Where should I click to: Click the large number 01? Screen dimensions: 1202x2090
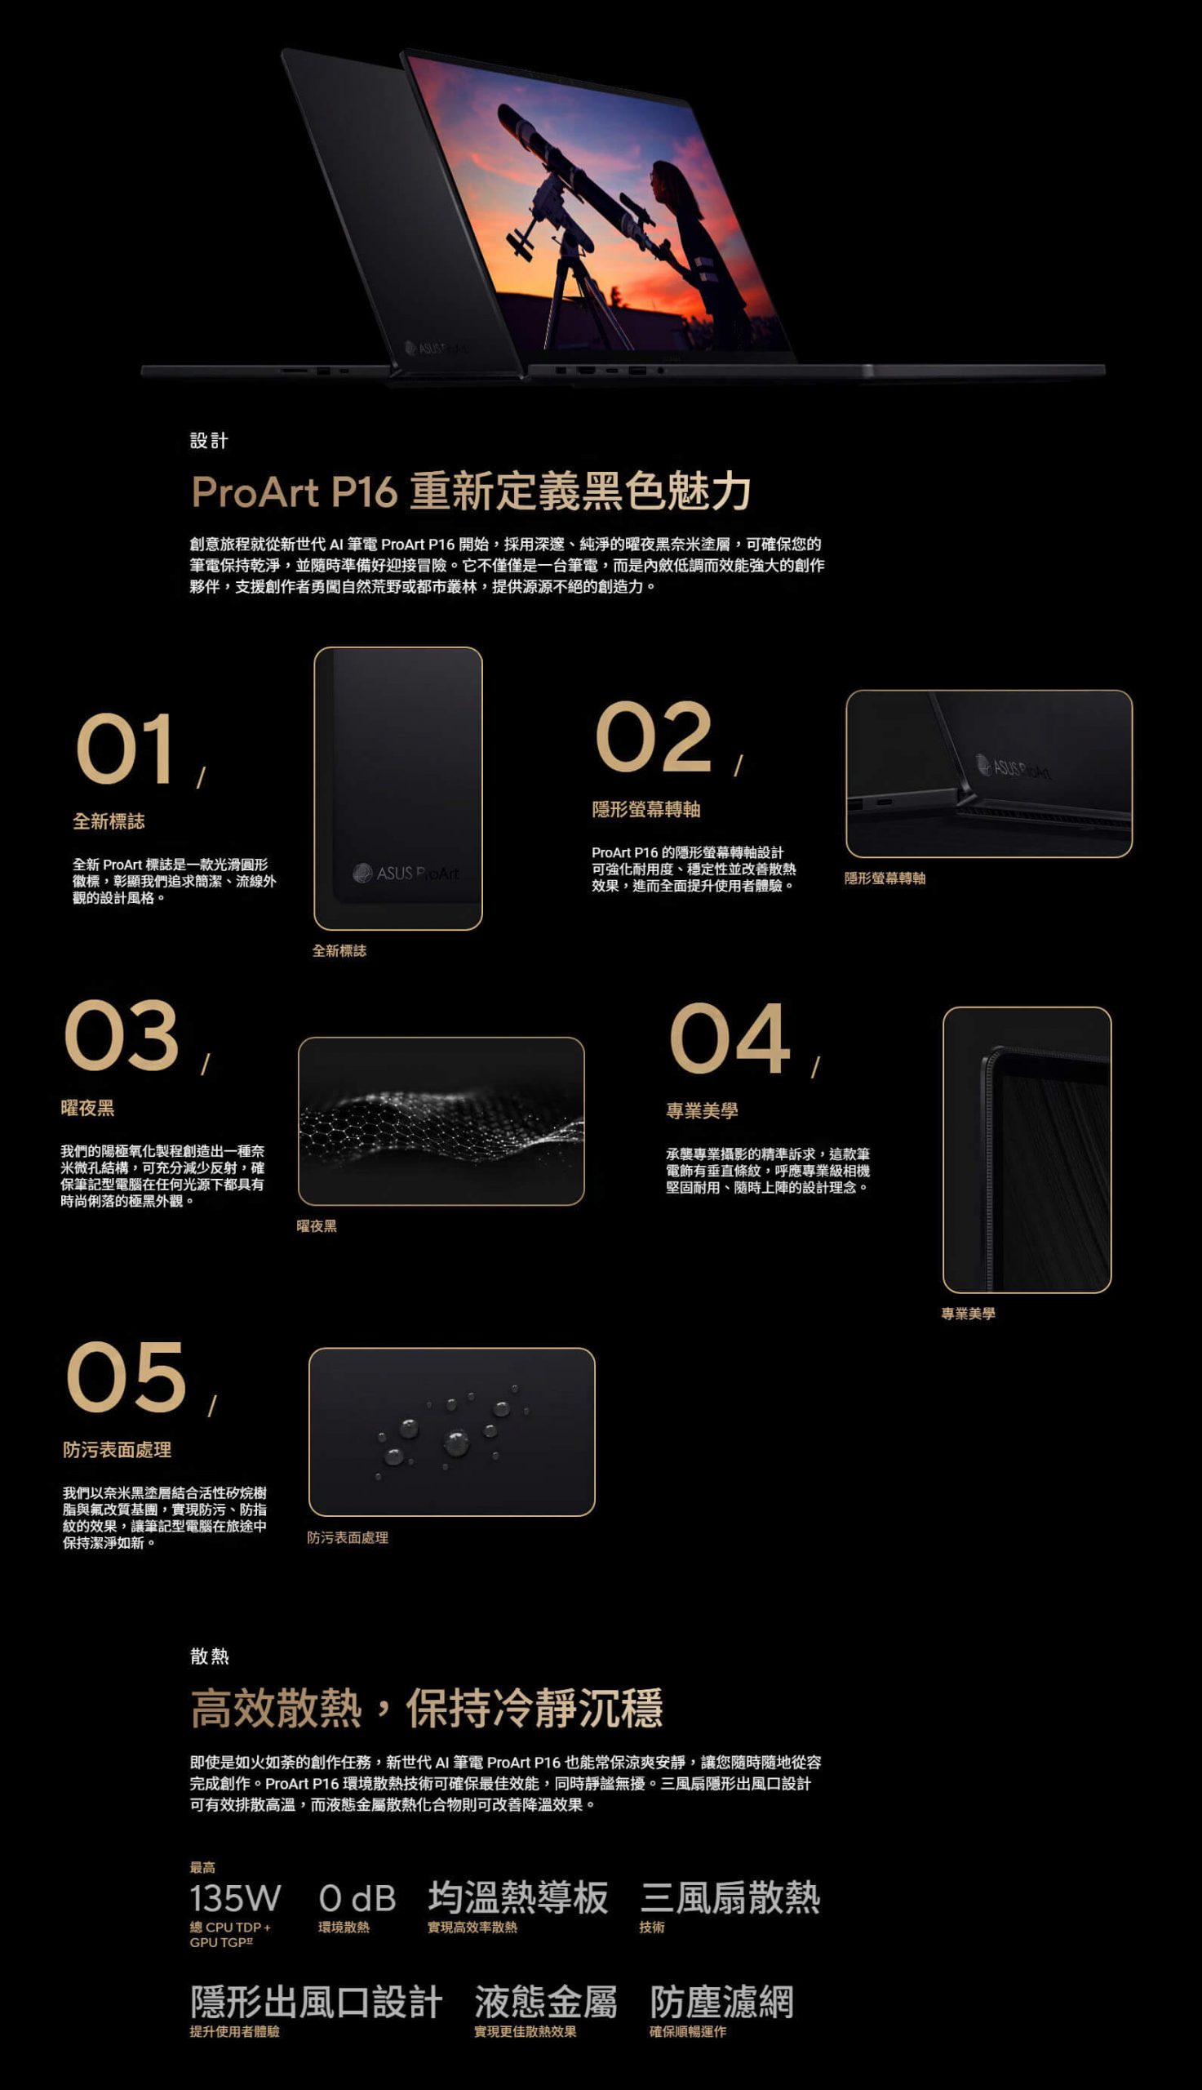click(x=125, y=749)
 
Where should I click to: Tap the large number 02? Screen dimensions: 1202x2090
click(x=653, y=736)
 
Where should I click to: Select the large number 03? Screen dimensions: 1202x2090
click(x=122, y=1035)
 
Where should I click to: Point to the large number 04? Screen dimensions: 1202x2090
click(x=730, y=1038)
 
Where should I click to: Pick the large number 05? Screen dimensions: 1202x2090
click(x=126, y=1376)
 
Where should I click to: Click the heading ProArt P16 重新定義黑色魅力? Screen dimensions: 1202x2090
click(x=471, y=491)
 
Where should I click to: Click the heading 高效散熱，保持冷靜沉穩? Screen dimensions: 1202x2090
click(x=427, y=1709)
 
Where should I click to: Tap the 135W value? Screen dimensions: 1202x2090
click(x=235, y=1898)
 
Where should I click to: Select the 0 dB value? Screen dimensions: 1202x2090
click(x=357, y=1898)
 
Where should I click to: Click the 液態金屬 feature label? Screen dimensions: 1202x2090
click(x=546, y=2003)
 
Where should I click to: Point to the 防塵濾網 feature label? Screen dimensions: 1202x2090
click(x=721, y=2003)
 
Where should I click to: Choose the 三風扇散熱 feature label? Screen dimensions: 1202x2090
click(x=730, y=1897)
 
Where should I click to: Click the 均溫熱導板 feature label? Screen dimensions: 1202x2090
click(x=517, y=1897)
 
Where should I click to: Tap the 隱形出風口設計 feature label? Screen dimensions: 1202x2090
click(x=316, y=2003)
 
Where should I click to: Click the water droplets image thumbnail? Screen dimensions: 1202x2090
click(x=451, y=1432)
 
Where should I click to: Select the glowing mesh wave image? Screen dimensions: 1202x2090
click(x=441, y=1122)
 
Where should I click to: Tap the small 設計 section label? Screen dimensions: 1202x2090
click(x=209, y=441)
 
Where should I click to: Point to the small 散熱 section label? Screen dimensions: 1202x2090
click(x=210, y=1656)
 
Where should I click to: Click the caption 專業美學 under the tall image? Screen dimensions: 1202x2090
click(x=969, y=1314)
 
